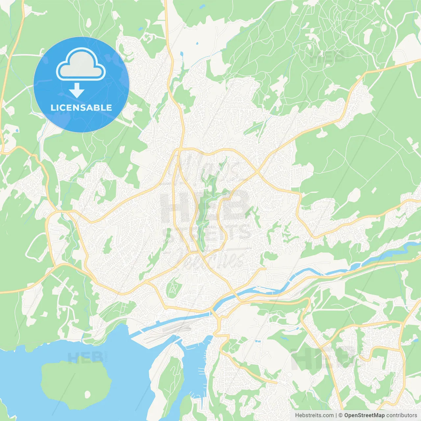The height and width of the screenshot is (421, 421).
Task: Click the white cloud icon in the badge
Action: pos(81,64)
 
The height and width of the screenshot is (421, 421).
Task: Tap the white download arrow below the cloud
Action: pos(77,90)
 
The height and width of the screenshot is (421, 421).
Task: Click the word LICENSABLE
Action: pos(81,108)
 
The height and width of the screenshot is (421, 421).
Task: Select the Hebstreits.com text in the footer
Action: pos(314,415)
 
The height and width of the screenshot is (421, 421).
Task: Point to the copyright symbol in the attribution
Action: pos(341,415)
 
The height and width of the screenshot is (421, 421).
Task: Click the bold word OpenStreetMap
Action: pos(364,415)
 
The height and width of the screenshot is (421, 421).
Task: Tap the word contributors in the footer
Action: pos(402,415)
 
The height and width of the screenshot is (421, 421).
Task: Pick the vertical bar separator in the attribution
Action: pos(336,415)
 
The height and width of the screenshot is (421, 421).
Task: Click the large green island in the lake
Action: pos(76,383)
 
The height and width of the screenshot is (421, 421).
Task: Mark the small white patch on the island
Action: pos(87,394)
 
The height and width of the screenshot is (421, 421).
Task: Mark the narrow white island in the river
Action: pos(263,289)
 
